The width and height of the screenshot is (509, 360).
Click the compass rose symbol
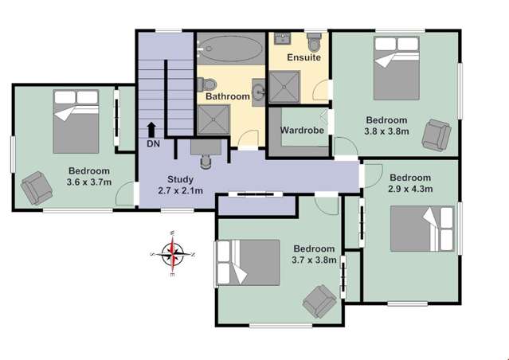click(x=172, y=254)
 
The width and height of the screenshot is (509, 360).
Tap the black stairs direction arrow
click(x=151, y=130)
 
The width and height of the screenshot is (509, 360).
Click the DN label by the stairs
click(x=153, y=143)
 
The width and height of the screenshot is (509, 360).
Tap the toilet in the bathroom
click(x=209, y=83)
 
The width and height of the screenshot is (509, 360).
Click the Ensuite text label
click(x=304, y=58)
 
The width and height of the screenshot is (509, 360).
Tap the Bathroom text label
click(x=228, y=96)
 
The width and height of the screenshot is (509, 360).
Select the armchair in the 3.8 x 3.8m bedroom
click(x=435, y=133)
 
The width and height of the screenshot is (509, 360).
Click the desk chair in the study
click(x=206, y=158)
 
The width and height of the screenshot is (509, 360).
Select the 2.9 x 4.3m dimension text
click(x=410, y=190)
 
